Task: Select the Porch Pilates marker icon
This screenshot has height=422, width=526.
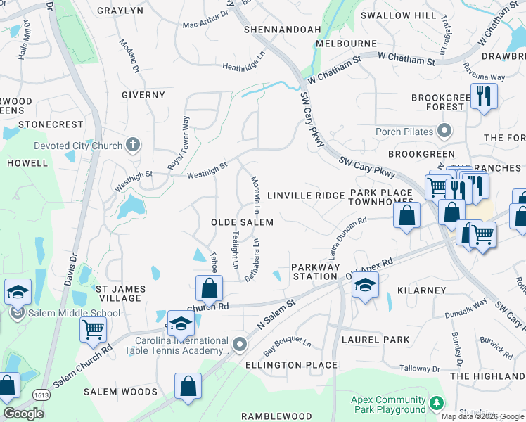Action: coord(444,131)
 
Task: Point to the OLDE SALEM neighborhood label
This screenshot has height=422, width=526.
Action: coord(242,222)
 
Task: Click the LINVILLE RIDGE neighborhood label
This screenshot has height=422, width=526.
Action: coord(306,195)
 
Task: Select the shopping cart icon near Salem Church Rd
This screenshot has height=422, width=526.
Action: coord(92,328)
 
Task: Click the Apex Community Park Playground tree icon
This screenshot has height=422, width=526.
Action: coord(437,403)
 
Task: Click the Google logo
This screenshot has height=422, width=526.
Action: coord(23,414)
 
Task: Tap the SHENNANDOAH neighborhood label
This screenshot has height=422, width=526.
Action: coord(282,30)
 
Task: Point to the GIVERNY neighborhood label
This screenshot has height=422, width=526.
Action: coord(143,95)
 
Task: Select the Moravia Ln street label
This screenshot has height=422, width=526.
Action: coord(257,196)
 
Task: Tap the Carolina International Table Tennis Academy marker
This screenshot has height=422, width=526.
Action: coord(240,345)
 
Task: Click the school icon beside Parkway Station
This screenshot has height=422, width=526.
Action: coord(365,285)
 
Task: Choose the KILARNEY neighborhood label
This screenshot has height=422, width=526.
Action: coord(421,290)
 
